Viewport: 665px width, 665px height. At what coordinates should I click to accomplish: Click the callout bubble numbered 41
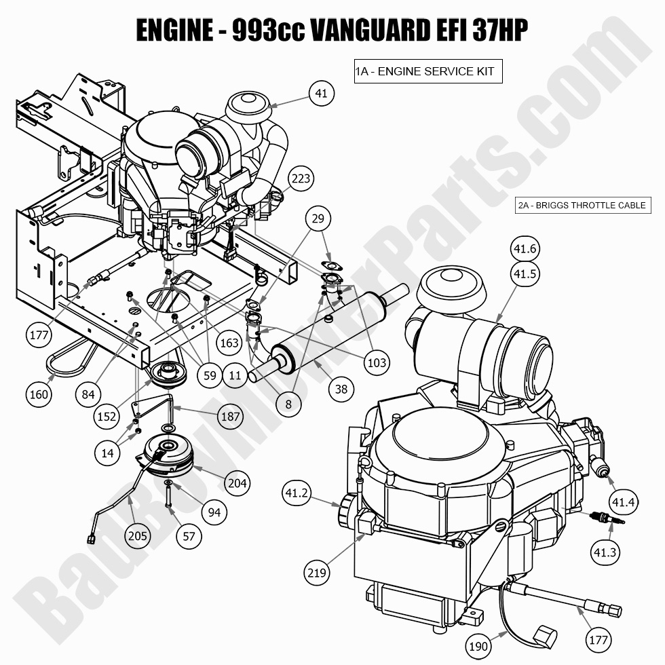(x=321, y=93)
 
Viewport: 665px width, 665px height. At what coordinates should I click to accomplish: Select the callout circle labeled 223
(x=301, y=178)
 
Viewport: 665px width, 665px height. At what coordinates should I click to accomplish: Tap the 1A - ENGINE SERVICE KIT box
(x=427, y=71)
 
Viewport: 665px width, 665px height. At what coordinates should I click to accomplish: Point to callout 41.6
(x=525, y=250)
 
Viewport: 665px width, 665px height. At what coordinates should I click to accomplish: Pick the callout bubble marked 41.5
(x=525, y=274)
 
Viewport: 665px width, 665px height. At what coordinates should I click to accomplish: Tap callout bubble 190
(x=478, y=646)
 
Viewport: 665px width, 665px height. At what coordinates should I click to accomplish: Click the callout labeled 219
(x=317, y=573)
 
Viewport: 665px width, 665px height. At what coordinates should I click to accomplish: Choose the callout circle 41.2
(x=297, y=493)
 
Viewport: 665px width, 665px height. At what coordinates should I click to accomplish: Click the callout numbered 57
(x=189, y=535)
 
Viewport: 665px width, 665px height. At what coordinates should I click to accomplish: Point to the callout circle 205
(x=138, y=535)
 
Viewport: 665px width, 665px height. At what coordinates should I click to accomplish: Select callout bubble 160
(x=40, y=394)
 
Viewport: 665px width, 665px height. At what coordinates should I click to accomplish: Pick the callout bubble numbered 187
(x=230, y=416)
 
